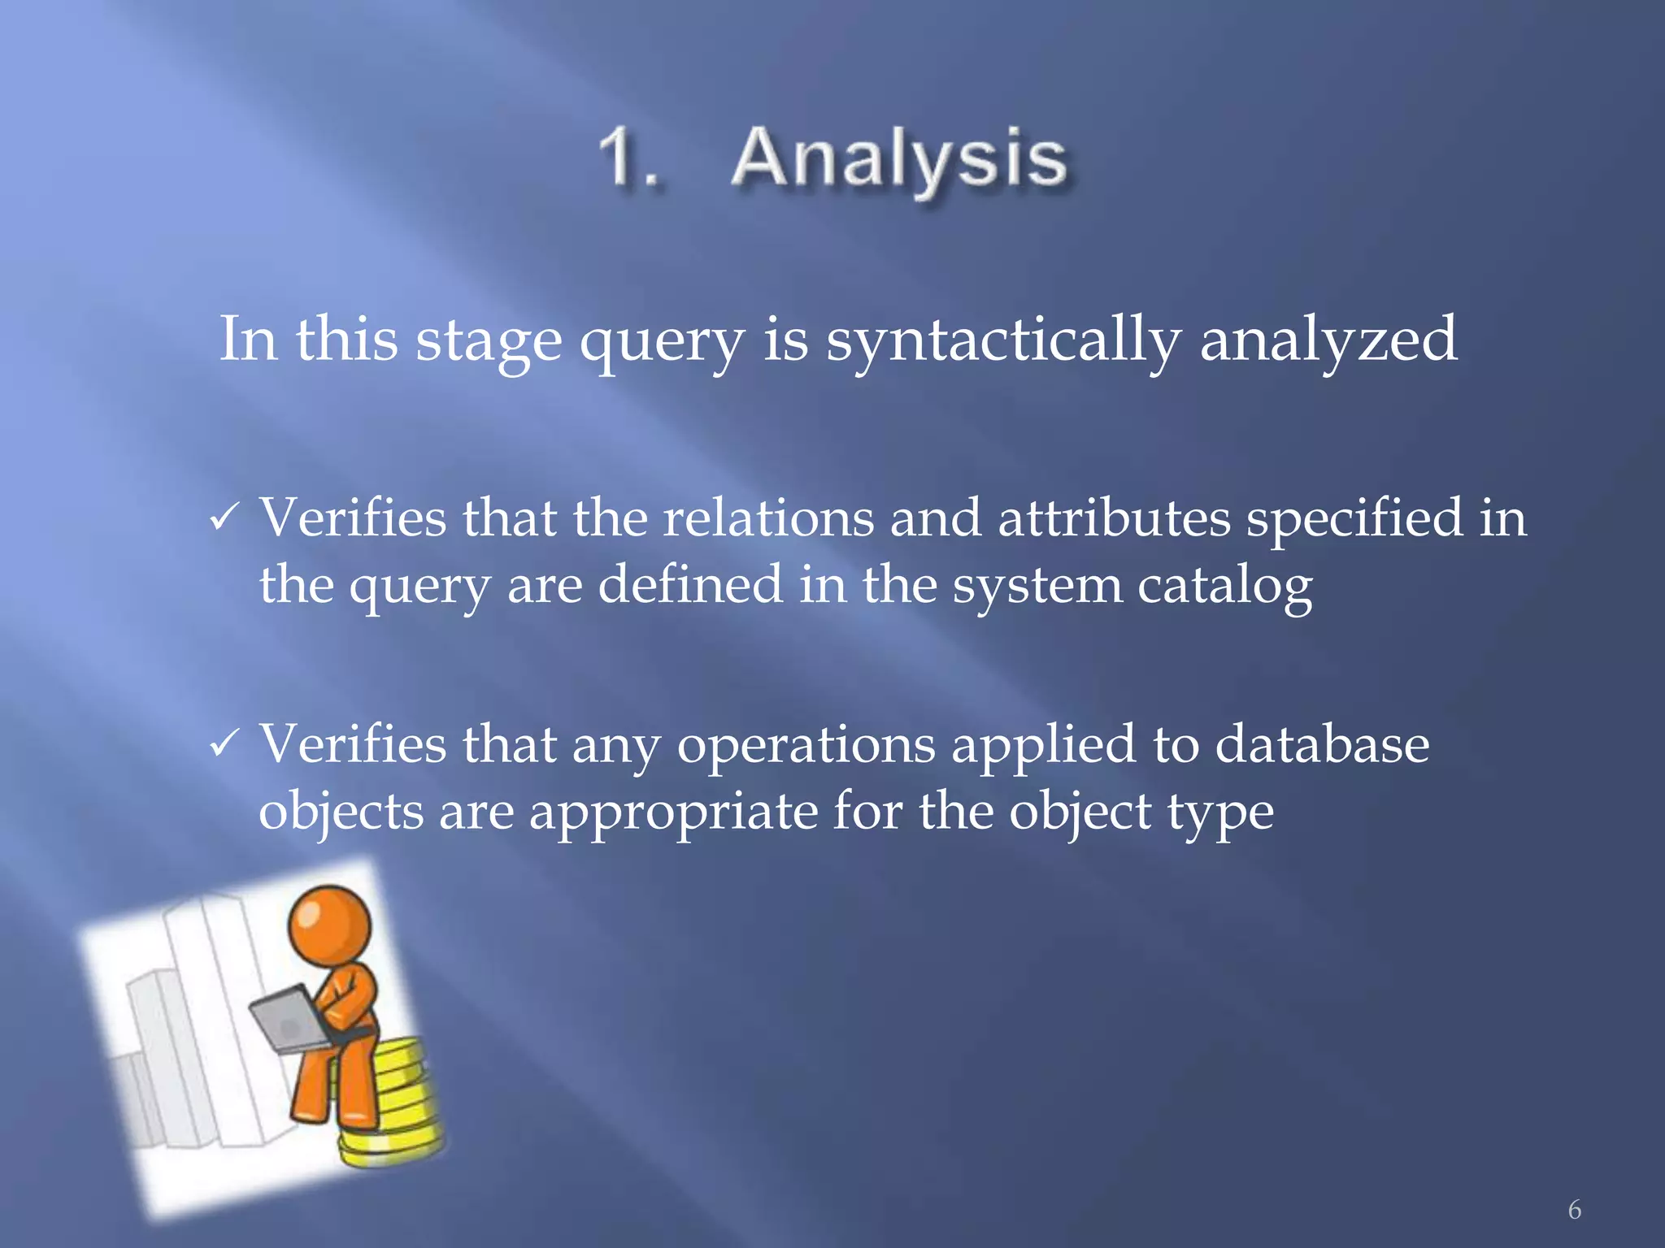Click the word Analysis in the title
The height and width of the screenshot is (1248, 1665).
898,159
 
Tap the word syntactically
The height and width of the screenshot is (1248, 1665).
1003,340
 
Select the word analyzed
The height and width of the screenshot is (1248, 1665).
1328,340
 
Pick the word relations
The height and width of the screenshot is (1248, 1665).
768,518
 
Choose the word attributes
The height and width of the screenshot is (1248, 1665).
1114,518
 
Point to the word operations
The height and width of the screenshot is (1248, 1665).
806,746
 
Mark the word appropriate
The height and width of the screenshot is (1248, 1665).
673,812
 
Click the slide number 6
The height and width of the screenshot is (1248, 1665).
1574,1210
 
